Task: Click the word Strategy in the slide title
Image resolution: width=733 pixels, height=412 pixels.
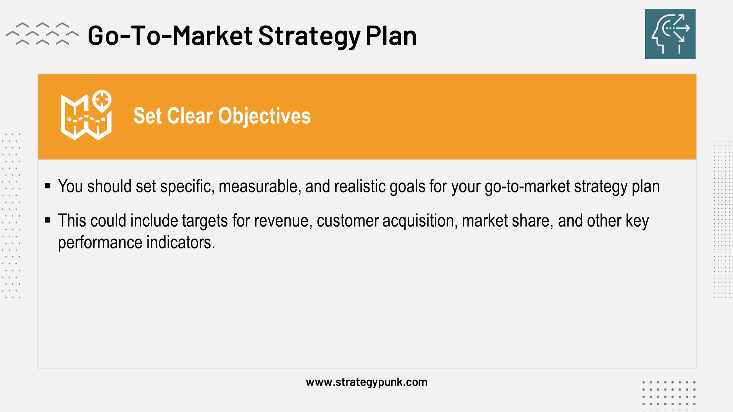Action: click(x=309, y=36)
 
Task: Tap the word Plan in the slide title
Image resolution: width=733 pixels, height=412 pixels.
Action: click(x=391, y=36)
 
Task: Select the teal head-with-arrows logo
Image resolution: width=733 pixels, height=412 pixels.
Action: click(x=670, y=34)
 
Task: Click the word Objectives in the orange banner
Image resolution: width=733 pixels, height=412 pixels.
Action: click(x=264, y=116)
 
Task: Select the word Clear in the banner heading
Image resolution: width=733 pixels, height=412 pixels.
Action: click(x=190, y=116)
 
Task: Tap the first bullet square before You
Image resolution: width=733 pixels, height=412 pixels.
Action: click(x=48, y=186)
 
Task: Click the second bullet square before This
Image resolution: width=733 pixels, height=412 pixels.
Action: click(x=48, y=220)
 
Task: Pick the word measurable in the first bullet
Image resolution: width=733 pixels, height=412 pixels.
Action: click(x=259, y=187)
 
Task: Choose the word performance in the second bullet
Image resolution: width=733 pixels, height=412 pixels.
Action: click(x=100, y=243)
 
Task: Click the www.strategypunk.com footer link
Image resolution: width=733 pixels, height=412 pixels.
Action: click(x=366, y=382)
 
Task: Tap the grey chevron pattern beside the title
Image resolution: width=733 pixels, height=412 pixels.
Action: click(x=42, y=34)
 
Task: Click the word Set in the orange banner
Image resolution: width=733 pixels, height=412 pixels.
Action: click(x=147, y=116)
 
